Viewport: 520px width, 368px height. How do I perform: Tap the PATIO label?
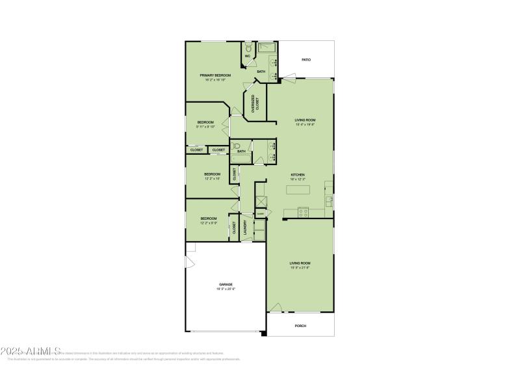pos(305,60)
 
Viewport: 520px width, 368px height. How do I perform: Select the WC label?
pos(248,56)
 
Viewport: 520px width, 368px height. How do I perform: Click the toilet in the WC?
pos(248,47)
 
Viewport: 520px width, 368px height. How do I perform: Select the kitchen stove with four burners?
pos(303,211)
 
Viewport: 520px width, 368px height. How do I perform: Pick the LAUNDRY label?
pos(245,228)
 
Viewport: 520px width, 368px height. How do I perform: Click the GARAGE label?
pos(226,284)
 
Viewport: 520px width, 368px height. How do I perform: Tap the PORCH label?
pos(300,326)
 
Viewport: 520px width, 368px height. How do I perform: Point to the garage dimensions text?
pos(226,289)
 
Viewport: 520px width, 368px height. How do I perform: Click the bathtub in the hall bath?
pos(241,156)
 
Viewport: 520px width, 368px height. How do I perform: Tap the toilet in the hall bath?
pos(237,146)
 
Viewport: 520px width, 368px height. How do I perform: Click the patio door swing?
pos(289,80)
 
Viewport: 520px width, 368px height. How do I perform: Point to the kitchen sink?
pos(329,201)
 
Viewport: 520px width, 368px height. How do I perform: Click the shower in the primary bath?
pos(268,48)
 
